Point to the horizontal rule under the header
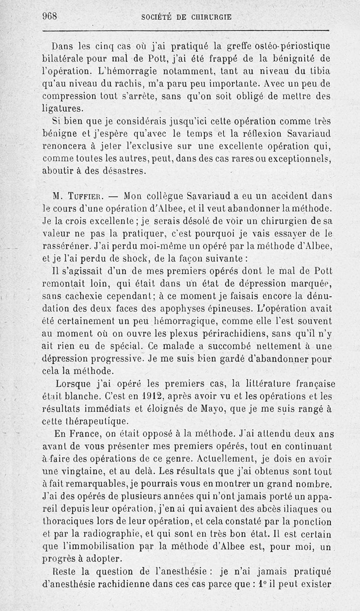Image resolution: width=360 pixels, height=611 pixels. point(185,31)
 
